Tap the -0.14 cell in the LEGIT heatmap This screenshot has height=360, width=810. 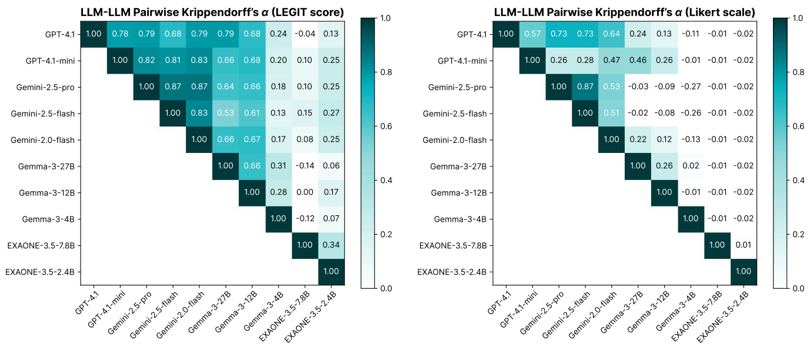point(305,166)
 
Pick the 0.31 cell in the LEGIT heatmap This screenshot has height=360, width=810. point(279,166)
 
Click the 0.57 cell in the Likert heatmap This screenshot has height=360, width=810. point(532,34)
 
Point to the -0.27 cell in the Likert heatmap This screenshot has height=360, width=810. point(691,86)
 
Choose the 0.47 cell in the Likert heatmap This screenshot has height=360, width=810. point(612,60)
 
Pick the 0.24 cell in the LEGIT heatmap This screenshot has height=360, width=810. point(279,34)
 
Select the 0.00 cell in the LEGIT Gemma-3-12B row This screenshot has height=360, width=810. point(305,192)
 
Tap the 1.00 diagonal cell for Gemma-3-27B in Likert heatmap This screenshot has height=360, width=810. point(638,166)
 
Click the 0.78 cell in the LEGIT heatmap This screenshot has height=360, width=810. point(120,34)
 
